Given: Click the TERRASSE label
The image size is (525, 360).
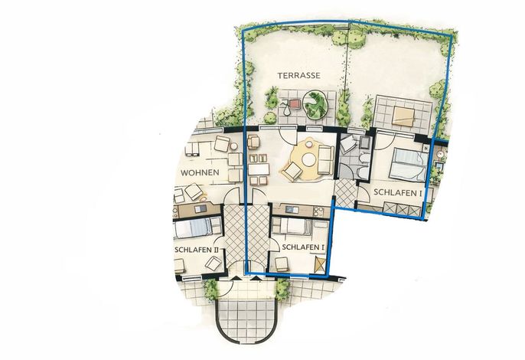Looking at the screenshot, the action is point(298,76).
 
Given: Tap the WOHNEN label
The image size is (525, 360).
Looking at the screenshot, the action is point(200,173).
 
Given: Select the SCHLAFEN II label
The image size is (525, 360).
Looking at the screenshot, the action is point(197,250).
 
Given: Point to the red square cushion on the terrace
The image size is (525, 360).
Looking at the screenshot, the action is point(295,104).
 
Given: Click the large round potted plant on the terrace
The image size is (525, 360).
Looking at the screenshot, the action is point(315,105).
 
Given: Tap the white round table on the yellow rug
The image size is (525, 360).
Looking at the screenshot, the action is point(308,159).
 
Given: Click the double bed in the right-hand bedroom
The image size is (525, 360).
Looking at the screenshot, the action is point(409,165).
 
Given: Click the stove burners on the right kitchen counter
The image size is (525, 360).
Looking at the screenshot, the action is point(318,211).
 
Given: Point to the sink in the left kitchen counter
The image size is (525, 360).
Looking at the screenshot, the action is point(201,209).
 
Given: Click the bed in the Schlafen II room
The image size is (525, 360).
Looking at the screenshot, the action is point(197,227).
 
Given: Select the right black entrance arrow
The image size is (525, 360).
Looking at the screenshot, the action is point(256,278).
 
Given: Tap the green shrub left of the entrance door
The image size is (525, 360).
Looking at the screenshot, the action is point(211,290).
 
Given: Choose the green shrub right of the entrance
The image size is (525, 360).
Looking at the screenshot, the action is point(283,290).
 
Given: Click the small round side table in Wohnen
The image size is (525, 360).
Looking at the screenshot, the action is point(234,146).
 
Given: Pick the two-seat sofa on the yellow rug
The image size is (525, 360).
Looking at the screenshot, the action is point(325,159).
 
